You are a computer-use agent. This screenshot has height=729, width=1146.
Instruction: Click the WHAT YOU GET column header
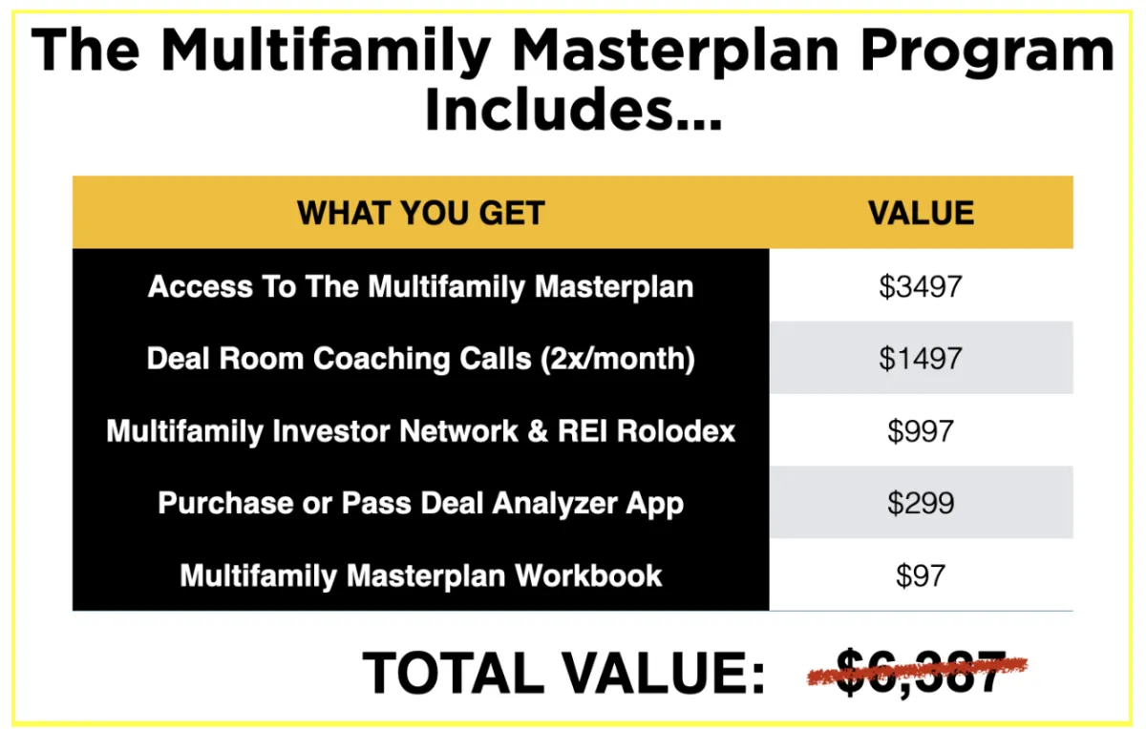420,213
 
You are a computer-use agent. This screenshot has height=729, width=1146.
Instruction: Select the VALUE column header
921,213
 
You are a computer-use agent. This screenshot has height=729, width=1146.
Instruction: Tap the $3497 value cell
921,286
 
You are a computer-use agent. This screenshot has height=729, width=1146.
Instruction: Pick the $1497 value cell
921,359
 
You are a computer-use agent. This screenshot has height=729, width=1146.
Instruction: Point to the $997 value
921,431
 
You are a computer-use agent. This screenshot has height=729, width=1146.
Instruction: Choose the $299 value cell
921,503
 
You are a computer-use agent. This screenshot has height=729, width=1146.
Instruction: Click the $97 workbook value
921,575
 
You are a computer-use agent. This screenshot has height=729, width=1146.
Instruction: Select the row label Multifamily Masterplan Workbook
420,575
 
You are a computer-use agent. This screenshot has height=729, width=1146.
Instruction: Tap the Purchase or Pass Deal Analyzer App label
420,504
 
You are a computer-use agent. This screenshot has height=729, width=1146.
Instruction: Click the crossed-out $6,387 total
919,671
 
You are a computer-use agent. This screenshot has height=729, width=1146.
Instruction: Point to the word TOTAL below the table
453,673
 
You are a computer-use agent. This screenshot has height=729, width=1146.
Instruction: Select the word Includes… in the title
573,109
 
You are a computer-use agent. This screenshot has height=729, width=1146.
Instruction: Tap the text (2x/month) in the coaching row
618,359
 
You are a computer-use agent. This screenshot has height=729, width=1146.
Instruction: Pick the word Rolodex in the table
676,431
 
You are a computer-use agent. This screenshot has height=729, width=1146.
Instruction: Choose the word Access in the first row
200,286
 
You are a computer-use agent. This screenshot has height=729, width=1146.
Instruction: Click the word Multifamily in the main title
326,52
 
